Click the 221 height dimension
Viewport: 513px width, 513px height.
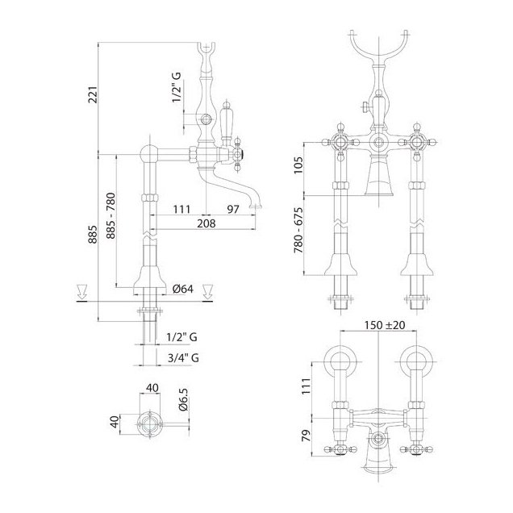(93, 94)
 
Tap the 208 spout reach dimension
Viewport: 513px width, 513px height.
(206, 223)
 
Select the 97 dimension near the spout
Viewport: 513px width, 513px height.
(233, 209)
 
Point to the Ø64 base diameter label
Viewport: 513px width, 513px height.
(183, 289)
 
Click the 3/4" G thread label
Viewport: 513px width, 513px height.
(183, 357)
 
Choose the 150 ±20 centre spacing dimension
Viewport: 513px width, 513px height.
(385, 325)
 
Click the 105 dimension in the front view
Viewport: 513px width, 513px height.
(298, 166)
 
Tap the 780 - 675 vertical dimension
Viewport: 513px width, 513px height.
(298, 231)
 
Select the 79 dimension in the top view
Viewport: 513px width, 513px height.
(306, 436)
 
